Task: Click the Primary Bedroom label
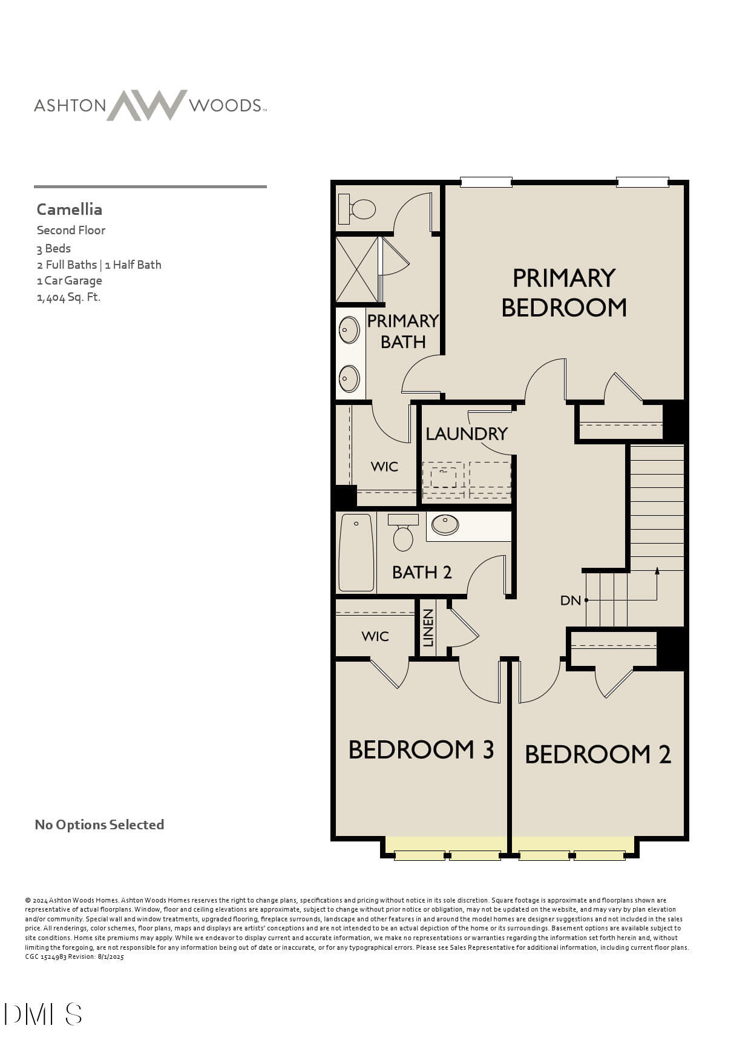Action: tap(563, 293)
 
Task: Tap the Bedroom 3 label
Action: tap(421, 749)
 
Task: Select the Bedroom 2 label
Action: tap(597, 754)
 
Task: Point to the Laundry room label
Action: tap(466, 433)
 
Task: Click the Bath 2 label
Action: tap(422, 572)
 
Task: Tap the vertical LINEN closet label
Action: tap(428, 628)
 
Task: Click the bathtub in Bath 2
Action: tap(356, 552)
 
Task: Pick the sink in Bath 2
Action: tap(445, 524)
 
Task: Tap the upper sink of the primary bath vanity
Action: tap(349, 330)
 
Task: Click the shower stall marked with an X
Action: tap(357, 269)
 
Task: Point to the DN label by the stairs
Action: tap(570, 601)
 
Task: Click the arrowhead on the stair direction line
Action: tap(657, 570)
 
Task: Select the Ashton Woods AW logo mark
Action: tap(147, 105)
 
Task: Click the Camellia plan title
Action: tap(69, 209)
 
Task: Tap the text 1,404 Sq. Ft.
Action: tap(68, 297)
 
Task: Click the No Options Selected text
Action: tap(99, 824)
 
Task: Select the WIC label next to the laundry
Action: tap(384, 467)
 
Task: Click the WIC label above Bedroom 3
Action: tap(375, 636)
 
